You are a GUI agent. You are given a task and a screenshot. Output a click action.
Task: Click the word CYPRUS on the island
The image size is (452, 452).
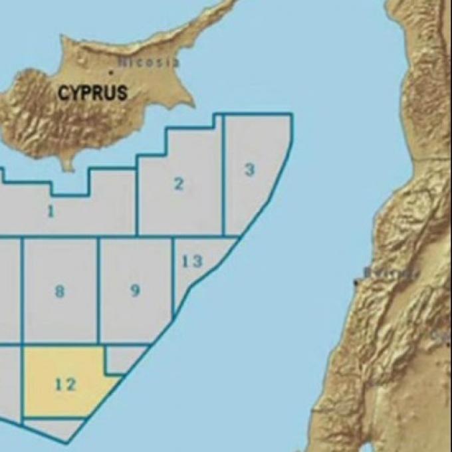click(92, 92)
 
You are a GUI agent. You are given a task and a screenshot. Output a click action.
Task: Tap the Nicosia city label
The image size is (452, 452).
click(149, 62)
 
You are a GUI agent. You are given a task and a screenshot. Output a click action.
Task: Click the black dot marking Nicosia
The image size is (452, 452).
click(111, 70)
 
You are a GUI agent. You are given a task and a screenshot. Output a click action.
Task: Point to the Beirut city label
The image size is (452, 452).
click(392, 273)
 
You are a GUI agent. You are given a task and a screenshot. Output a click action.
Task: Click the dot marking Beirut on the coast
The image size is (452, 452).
click(357, 283)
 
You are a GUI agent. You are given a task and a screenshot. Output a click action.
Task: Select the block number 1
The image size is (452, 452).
click(51, 212)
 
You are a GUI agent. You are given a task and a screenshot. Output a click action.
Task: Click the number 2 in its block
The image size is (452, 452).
click(178, 184)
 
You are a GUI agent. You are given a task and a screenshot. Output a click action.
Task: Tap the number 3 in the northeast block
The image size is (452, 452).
click(249, 169)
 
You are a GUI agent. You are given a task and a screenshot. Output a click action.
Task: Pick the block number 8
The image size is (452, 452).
click(60, 291)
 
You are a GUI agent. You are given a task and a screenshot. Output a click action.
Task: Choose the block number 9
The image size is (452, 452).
click(135, 290)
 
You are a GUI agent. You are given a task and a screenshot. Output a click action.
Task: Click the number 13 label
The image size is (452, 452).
click(192, 261)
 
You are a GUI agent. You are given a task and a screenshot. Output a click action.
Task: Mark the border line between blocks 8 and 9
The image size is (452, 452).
click(98, 292)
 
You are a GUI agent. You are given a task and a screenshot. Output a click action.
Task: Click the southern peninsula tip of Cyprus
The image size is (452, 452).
click(67, 166)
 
